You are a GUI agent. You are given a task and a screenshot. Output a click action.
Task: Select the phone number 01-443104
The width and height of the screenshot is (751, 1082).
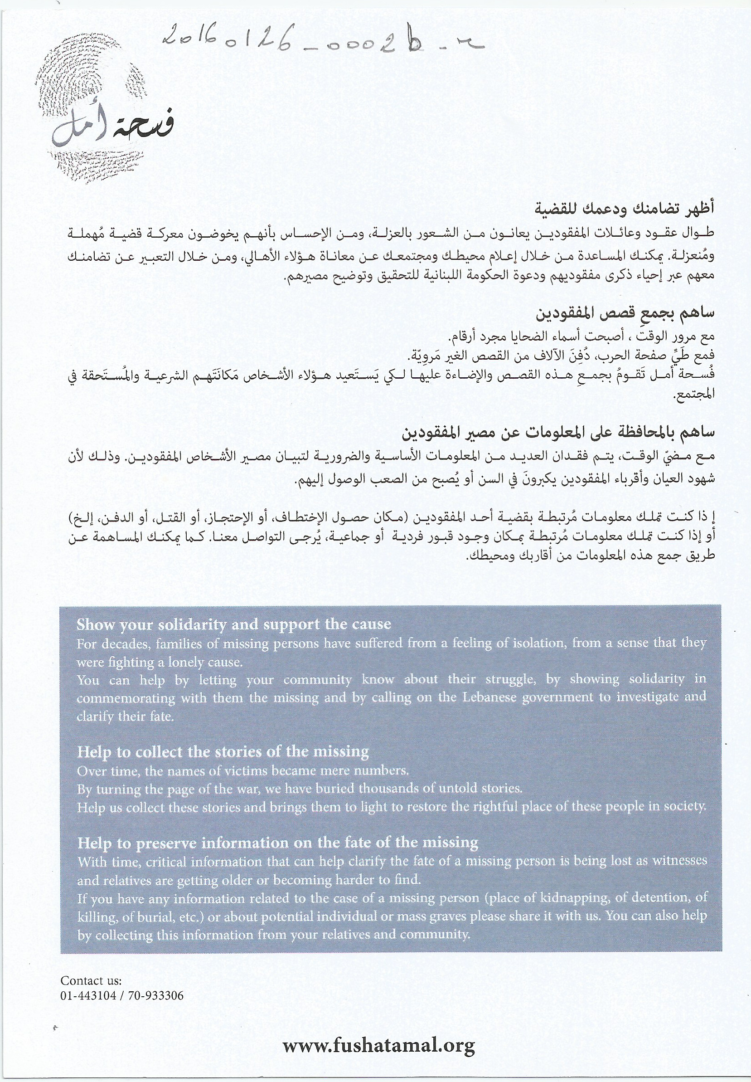[87, 996]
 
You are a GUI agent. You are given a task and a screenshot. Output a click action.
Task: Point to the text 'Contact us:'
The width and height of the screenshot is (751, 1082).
[91, 981]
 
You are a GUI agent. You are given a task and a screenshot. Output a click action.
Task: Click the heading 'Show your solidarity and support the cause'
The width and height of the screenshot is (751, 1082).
[233, 624]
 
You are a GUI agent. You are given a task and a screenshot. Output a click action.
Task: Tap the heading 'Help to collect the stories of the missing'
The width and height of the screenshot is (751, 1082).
[223, 751]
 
